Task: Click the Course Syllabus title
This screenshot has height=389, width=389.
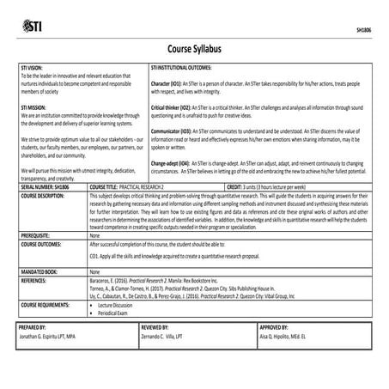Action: tap(194, 49)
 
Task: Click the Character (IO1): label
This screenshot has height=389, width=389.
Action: tap(167, 82)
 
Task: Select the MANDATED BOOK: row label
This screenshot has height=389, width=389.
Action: tap(39, 270)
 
